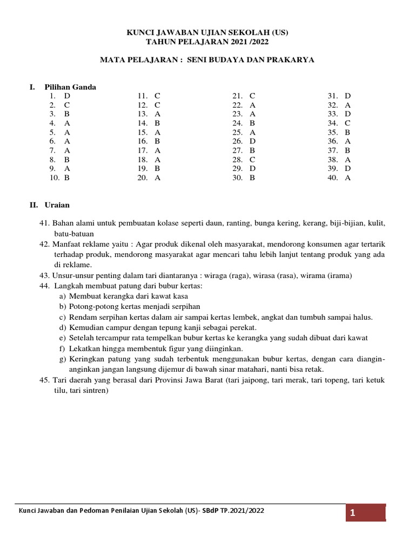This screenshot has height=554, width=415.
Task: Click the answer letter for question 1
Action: click(x=67, y=96)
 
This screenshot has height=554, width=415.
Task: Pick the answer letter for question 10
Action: click(x=67, y=177)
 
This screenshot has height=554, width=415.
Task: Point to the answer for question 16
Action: click(x=157, y=141)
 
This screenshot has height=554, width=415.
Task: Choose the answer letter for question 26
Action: click(x=252, y=141)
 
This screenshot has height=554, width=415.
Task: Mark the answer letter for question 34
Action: click(x=347, y=123)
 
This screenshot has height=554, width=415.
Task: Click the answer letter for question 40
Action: click(x=347, y=177)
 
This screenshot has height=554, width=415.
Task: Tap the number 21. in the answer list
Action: click(x=237, y=96)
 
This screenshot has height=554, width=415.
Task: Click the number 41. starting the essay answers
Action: click(x=44, y=223)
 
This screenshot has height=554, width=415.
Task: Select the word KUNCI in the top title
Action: click(x=140, y=32)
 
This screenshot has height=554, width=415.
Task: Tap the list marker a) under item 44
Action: click(x=63, y=296)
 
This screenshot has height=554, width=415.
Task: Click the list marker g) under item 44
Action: click(x=63, y=359)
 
